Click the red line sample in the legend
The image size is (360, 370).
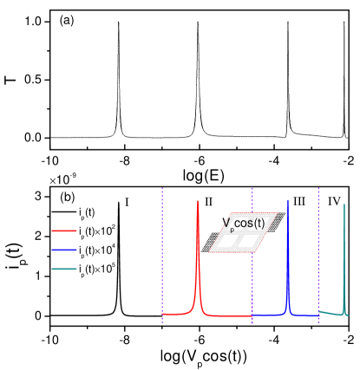(64, 231)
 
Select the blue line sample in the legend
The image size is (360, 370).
(64, 250)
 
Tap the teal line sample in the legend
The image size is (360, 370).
(64, 269)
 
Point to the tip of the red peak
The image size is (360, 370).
(199, 201)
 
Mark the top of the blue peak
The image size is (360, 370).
(288, 200)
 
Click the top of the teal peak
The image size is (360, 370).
(344, 204)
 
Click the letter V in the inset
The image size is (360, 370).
(226, 224)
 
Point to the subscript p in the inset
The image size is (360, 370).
(232, 230)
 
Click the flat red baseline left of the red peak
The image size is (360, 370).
(178, 314)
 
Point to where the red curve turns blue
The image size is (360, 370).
(252, 315)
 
